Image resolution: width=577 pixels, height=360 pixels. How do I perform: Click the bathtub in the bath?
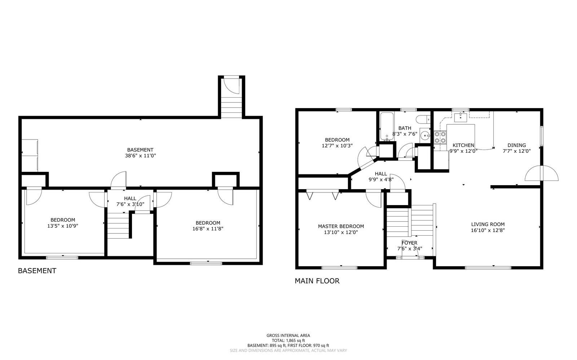pyautogui.click(x=386, y=127)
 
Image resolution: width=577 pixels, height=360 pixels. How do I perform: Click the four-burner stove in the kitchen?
pyautogui.click(x=440, y=137)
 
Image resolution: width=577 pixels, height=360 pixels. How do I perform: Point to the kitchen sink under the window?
pyautogui.click(x=461, y=117)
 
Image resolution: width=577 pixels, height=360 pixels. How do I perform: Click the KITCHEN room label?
pyautogui.click(x=463, y=145)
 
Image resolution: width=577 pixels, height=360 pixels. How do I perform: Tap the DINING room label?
pyautogui.click(x=516, y=145)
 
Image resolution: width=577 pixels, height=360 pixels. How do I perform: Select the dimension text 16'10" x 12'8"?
pyautogui.click(x=488, y=230)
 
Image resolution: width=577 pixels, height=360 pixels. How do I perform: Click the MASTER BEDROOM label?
pyautogui.click(x=341, y=226)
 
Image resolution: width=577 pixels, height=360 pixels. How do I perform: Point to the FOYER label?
pyautogui.click(x=409, y=243)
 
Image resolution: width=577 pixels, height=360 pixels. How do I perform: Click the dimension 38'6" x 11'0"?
pyautogui.click(x=140, y=156)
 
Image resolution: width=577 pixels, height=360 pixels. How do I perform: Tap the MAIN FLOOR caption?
pyautogui.click(x=317, y=281)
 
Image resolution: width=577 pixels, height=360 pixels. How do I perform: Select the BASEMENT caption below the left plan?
pyautogui.click(x=37, y=271)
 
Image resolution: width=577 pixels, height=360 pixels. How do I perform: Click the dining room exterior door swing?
pyautogui.click(x=542, y=174)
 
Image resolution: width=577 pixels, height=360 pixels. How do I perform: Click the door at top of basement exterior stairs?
pyautogui.click(x=232, y=85)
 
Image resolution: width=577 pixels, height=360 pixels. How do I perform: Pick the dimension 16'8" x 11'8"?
pyautogui.click(x=208, y=228)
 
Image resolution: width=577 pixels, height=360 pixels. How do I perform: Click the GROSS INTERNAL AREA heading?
pyautogui.click(x=288, y=335)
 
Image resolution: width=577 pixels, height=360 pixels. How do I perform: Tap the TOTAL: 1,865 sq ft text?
pyautogui.click(x=288, y=340)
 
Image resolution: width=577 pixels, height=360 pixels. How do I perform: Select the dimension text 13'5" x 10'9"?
pyautogui.click(x=63, y=226)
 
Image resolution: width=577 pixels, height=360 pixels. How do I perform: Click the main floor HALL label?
pyautogui.click(x=381, y=174)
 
